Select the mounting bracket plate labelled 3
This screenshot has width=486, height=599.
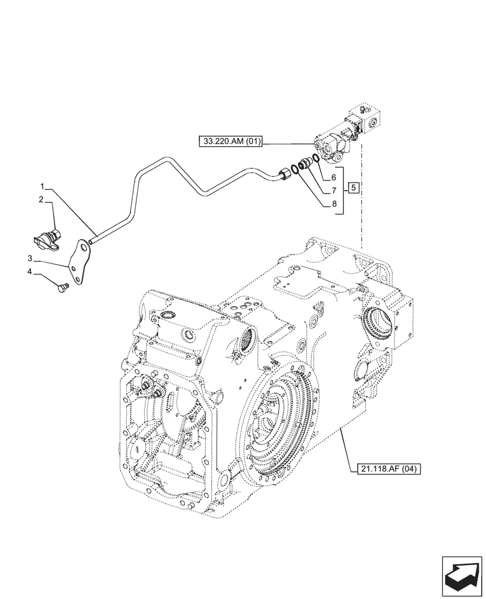pos(78,264)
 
